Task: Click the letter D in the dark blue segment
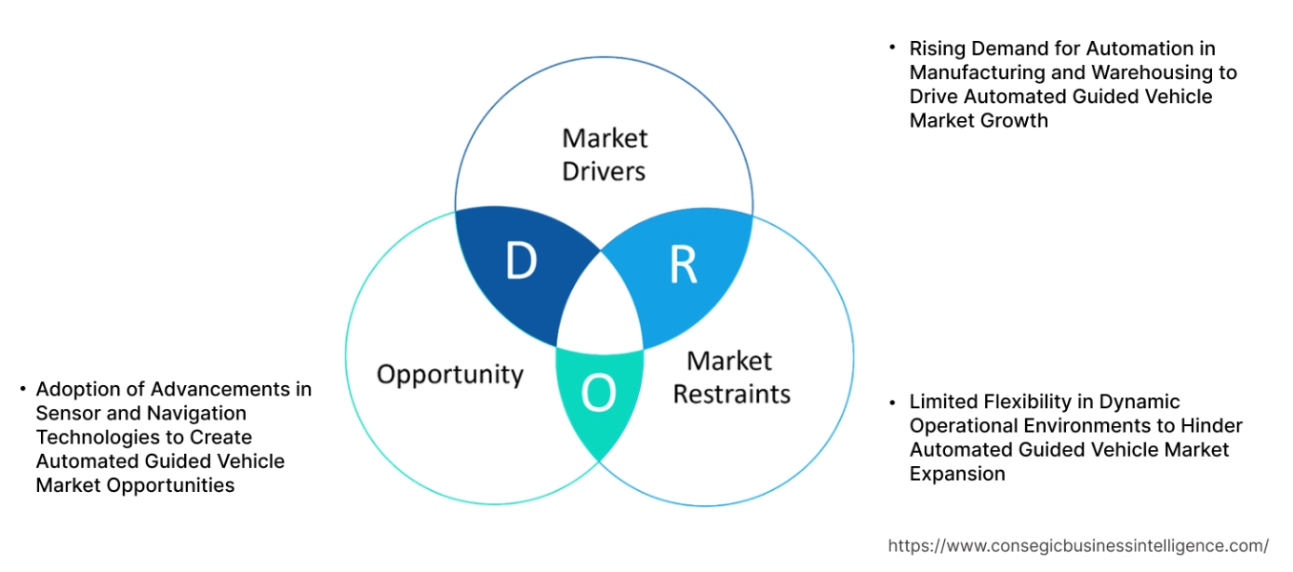coord(521,261)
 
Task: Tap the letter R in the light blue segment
coord(683,266)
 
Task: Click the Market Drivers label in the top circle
coord(604,154)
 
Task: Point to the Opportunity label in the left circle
coord(450,374)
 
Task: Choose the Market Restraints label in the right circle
coord(731,377)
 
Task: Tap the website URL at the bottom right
coord(1077,545)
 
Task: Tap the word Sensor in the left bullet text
coord(64,413)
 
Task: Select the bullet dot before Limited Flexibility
coord(893,401)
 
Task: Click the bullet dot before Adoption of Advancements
coord(21,389)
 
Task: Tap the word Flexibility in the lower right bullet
coord(1029,401)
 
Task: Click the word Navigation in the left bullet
coord(196,413)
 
